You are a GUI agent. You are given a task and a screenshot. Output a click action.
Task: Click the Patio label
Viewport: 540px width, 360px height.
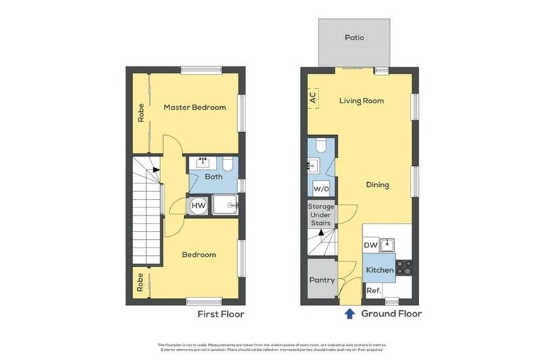coord(354,37)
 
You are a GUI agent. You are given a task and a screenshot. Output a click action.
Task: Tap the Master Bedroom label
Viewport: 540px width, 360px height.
coord(195,108)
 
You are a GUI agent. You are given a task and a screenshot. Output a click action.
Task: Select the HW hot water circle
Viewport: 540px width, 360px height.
coord(198,205)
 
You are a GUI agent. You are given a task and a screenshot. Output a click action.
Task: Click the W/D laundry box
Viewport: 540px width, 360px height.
coord(321,189)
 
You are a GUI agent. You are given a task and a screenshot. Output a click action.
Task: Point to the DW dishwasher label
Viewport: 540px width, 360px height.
coord(371,245)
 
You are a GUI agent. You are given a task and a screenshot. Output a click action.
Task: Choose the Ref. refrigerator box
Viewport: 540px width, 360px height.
coord(372,290)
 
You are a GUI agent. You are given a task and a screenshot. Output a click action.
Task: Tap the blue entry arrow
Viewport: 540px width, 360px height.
coord(349,314)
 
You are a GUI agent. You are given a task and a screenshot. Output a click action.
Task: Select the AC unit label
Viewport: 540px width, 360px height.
coord(312,98)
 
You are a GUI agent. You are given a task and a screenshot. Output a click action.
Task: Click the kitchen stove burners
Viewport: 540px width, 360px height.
coord(404,267)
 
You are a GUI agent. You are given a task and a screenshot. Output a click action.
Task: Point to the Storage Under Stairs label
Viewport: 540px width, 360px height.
coord(321,215)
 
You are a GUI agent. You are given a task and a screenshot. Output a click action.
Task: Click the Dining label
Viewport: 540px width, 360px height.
coord(377,185)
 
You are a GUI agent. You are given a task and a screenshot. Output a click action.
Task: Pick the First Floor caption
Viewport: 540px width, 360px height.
coord(221,314)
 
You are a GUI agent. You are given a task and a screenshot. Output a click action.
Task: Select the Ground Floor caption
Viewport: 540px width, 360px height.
coord(391,314)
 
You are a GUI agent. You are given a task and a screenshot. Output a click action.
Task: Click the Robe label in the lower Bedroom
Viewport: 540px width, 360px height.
coord(141,282)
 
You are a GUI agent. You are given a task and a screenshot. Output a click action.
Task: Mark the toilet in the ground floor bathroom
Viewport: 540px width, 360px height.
coord(321,146)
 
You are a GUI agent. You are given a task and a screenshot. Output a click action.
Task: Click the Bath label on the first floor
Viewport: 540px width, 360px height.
coord(214,177)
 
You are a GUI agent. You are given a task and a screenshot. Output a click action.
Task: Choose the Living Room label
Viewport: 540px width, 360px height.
coord(361,101)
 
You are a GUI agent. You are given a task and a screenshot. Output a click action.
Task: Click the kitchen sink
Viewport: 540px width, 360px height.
coord(386,245)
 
